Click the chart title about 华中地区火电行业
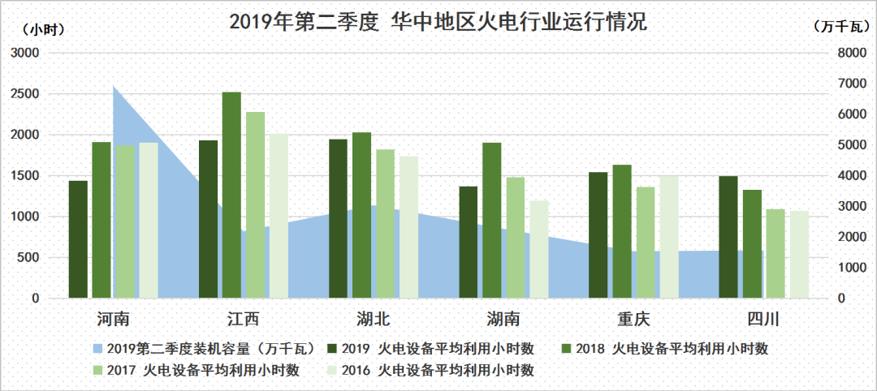[438, 22]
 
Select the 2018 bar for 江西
[231, 195]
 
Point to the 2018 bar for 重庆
[621, 231]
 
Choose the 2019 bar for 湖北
[338, 219]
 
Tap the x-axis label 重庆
[633, 317]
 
